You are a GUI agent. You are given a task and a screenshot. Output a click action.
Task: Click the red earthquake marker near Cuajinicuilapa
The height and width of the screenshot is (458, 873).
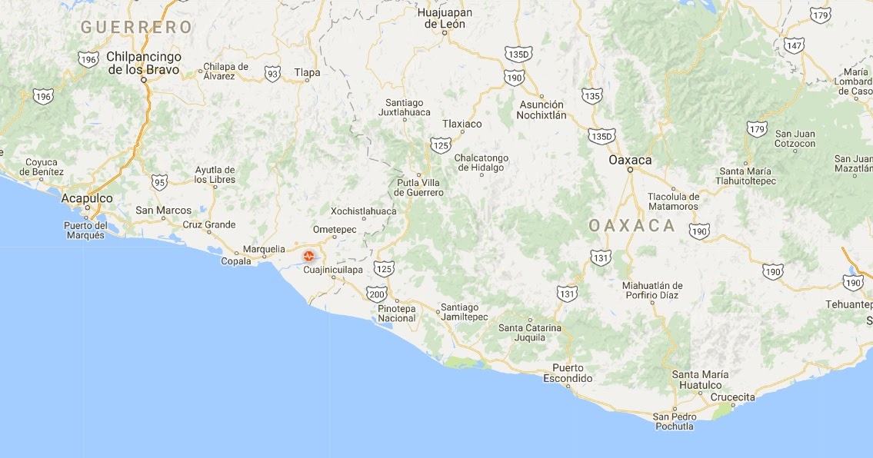308,256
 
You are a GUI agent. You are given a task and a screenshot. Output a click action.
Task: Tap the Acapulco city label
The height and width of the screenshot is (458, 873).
87,198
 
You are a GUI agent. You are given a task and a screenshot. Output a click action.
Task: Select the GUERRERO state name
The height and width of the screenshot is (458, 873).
136,28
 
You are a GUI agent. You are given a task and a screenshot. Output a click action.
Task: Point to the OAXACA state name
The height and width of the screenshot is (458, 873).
631,226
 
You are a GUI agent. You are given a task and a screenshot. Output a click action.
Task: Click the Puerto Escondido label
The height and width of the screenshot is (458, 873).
568,373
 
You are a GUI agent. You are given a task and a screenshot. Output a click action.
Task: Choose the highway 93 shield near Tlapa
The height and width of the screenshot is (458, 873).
272,73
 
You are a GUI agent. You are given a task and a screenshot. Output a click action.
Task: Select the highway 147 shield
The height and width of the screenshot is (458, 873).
795,45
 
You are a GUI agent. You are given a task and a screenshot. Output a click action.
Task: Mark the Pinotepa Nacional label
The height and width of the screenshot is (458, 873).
397,314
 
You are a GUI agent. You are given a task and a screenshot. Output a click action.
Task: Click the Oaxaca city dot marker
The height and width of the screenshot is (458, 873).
629,169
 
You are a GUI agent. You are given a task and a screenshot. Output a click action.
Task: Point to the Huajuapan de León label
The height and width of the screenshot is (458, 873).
444,18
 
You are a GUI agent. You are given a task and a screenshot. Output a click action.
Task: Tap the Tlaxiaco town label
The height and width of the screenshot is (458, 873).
462,124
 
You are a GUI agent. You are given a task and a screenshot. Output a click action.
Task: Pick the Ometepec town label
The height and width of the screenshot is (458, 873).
335,229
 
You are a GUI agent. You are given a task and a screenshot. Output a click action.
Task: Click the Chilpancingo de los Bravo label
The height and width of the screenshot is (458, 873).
144,63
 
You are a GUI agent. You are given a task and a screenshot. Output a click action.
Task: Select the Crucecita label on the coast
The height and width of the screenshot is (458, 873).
733,397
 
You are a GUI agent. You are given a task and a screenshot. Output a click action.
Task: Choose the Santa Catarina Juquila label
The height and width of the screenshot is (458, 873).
530,332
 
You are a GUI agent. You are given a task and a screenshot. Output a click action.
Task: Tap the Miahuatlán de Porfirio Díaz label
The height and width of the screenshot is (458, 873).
652,291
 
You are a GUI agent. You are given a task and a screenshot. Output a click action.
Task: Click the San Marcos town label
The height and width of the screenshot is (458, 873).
163,210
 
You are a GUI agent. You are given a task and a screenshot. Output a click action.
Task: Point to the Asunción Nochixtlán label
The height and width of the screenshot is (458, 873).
542,110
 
